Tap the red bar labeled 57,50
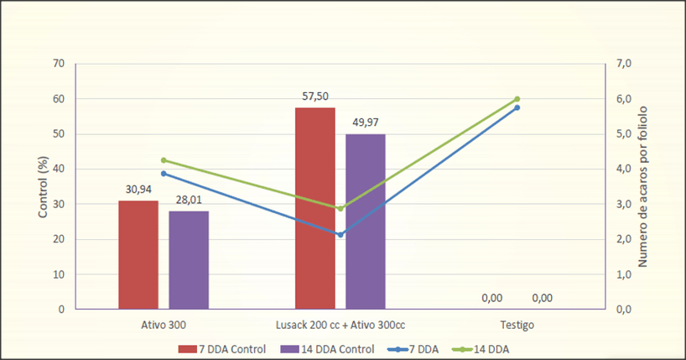[314, 208]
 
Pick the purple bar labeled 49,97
[365, 221]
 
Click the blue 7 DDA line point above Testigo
[517, 107]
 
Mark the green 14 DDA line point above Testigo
[517, 99]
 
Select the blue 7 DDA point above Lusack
[340, 235]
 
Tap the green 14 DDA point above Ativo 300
[164, 160]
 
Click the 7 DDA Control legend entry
[221, 347]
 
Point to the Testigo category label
[517, 324]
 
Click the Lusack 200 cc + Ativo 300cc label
[340, 324]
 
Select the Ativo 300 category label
[164, 324]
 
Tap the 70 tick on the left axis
[58, 64]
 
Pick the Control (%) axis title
[43, 186]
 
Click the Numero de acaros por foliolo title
[643, 186]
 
